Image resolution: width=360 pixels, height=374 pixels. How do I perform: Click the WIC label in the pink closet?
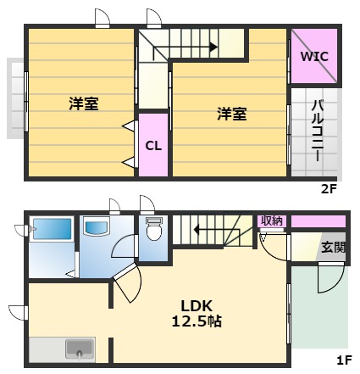tap(314, 56)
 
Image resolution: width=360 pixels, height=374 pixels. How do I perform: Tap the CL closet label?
tap(152, 144)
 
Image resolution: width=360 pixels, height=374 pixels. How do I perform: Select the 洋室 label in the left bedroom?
tap(84, 104)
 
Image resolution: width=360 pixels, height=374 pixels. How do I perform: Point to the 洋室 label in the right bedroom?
tap(231, 114)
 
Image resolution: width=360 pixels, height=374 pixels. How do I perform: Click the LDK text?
tap(201, 306)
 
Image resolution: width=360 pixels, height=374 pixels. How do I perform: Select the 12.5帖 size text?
tap(201, 322)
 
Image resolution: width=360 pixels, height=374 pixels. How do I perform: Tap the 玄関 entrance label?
tap(333, 248)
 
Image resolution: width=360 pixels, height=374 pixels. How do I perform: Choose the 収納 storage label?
tap(271, 220)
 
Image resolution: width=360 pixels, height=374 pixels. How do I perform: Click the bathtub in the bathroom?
tap(53, 231)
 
